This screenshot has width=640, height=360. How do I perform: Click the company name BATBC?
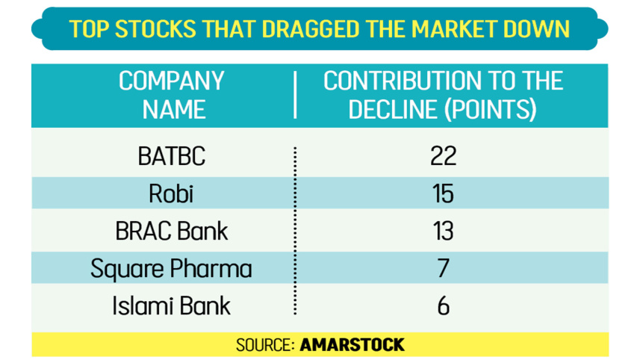[x=171, y=156]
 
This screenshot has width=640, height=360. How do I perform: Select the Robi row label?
[x=171, y=193]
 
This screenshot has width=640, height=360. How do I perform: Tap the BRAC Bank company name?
[x=171, y=231]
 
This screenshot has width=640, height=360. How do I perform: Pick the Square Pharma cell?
[x=171, y=268]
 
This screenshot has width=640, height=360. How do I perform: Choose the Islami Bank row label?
[x=171, y=305]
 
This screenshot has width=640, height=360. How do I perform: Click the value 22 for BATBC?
[x=443, y=156]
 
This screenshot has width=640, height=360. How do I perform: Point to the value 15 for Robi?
[x=443, y=193]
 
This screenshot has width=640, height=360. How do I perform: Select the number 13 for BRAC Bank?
[x=443, y=231]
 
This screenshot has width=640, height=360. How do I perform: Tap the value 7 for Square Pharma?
[x=443, y=268]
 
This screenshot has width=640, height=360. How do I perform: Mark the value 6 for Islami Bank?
[x=443, y=305]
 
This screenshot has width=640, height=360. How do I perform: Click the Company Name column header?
[x=172, y=95]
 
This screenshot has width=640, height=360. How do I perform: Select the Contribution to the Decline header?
[x=443, y=95]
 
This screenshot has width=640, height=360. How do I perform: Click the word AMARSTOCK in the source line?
[x=352, y=344]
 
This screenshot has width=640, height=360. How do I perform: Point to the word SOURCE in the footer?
[x=265, y=344]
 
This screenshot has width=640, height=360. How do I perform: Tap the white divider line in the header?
[x=296, y=95]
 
